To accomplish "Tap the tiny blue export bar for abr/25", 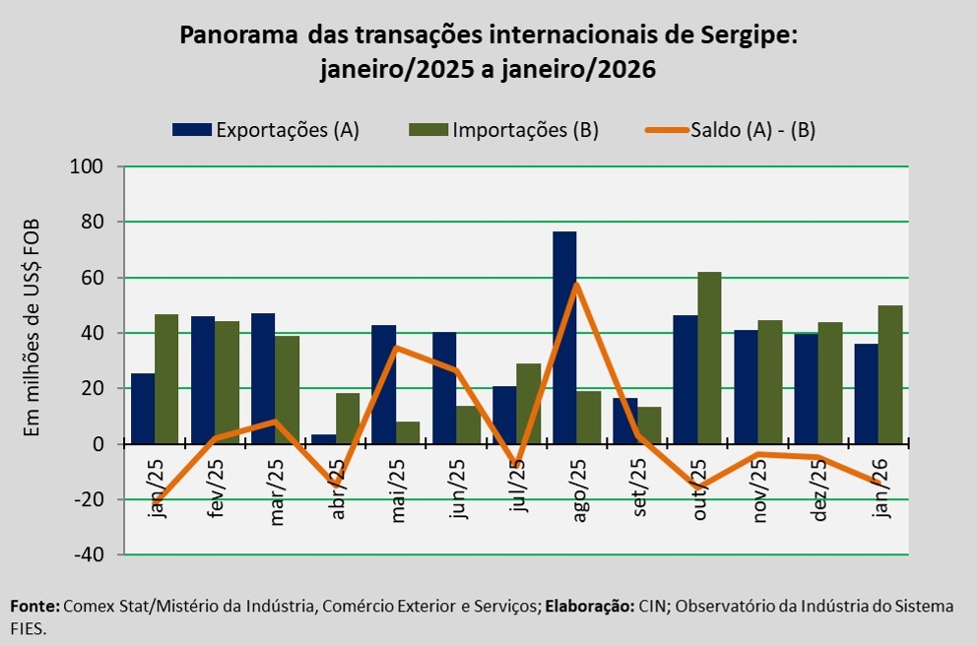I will [324, 439].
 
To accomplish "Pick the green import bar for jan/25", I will [166, 378].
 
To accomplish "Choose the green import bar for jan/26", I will [890, 374].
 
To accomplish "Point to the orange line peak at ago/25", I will [576, 285].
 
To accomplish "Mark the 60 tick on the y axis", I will [93, 278].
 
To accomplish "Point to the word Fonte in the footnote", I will [33, 607].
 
